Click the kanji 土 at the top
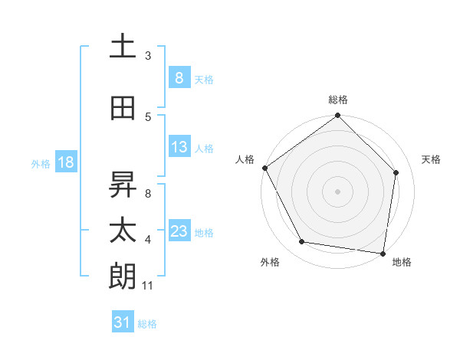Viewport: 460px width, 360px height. point(123,46)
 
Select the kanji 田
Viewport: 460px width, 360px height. point(123,109)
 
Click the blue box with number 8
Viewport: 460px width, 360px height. point(179,78)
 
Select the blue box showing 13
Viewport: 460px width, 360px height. point(179,148)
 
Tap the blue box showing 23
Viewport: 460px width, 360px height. point(179,231)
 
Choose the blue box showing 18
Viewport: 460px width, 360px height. point(65,162)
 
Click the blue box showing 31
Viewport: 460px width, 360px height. point(123,322)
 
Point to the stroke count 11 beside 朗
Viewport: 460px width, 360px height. point(148,286)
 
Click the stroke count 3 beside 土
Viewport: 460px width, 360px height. point(148,55)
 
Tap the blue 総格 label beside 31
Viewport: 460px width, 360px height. point(147,324)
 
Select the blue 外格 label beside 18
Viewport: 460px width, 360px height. point(41,163)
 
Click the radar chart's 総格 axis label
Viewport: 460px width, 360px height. point(338,100)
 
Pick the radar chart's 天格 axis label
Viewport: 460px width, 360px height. point(432,159)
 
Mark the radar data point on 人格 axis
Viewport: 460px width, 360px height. point(264,168)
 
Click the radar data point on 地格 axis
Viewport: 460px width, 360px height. point(383,253)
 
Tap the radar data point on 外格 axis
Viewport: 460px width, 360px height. point(302,242)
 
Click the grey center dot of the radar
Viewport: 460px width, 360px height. point(338,191)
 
